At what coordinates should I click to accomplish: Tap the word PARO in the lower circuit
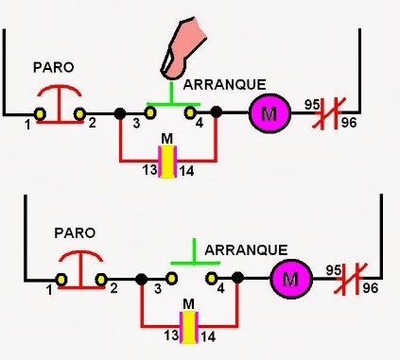[73, 231]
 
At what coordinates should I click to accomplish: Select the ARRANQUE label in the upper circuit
[224, 85]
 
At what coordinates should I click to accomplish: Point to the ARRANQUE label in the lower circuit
[246, 249]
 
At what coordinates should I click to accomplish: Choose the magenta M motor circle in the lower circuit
[290, 278]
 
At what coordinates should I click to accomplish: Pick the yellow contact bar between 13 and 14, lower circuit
[189, 327]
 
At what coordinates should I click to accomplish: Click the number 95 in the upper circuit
[313, 105]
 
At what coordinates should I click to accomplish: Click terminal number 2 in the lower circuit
[113, 288]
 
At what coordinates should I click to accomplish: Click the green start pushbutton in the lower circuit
[194, 258]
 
